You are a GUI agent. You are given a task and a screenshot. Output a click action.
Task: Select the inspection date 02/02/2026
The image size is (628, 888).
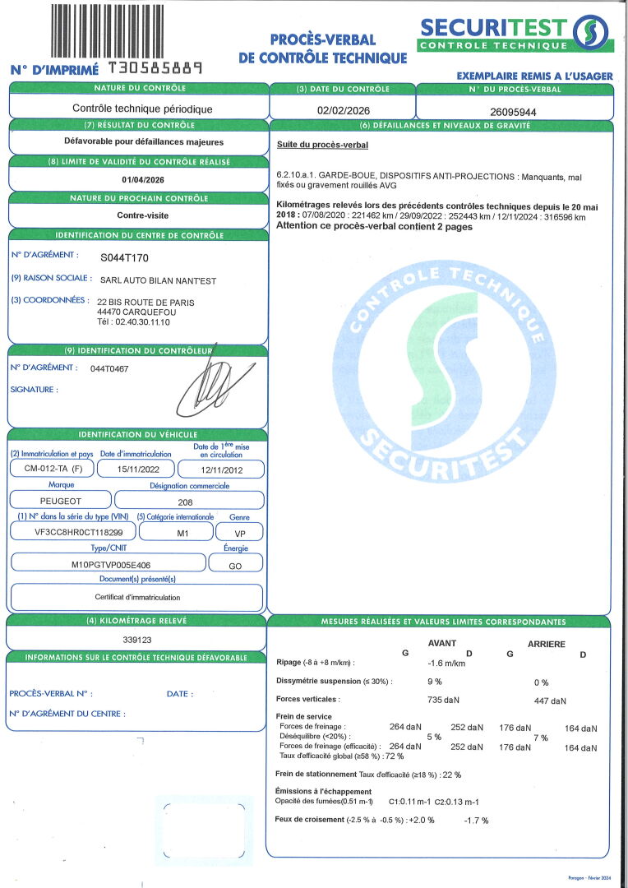click(x=342, y=109)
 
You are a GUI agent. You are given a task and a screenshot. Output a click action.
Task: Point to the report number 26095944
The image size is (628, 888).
click(x=512, y=111)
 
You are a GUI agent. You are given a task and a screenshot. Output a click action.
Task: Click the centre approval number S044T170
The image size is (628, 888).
click(x=124, y=257)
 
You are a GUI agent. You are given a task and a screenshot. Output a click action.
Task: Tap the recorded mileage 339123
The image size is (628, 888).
click(x=136, y=639)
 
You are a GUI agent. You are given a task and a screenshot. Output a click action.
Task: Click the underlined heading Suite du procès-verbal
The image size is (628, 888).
click(x=322, y=145)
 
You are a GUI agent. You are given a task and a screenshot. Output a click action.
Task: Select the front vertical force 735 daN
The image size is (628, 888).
click(x=446, y=700)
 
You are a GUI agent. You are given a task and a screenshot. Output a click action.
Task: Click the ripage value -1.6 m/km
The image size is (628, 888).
click(x=446, y=663)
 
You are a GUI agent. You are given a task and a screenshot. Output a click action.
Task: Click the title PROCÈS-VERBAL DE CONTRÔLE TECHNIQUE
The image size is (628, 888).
click(x=322, y=49)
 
